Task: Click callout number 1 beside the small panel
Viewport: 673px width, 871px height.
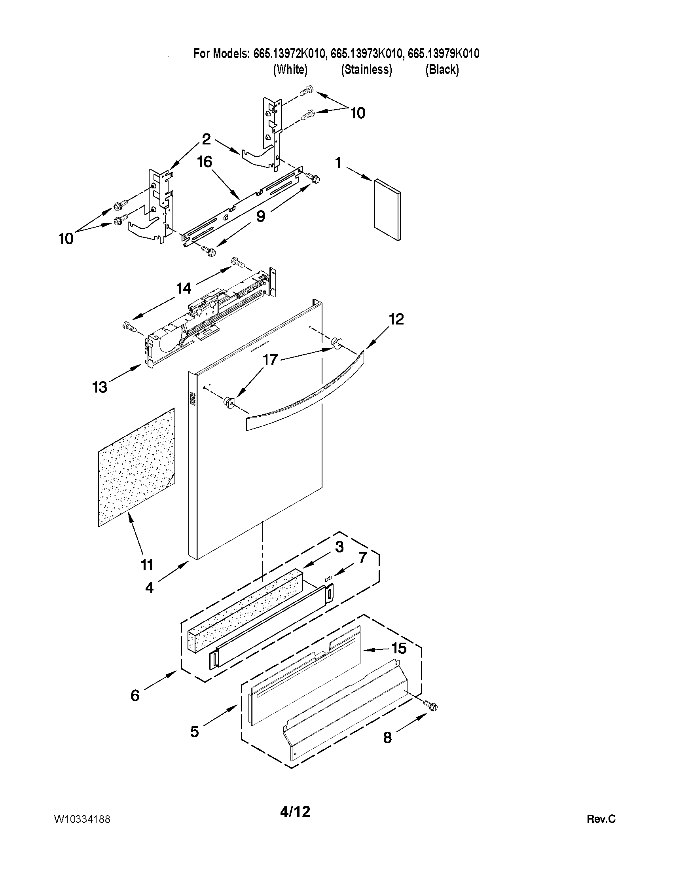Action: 338,162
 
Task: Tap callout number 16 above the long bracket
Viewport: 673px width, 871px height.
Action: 205,162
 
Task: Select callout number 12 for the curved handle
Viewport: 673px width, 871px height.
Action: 396,319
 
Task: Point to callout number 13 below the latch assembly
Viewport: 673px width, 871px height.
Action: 100,387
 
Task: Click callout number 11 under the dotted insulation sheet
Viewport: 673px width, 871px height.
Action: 147,565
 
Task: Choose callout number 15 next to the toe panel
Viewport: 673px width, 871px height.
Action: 399,649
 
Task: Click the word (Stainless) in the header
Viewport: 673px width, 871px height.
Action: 366,70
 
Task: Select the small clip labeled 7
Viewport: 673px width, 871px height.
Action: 328,578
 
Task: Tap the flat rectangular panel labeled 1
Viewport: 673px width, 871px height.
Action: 387,209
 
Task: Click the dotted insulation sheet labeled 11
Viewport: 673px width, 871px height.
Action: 136,467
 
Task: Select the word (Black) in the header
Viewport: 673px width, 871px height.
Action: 442,70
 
